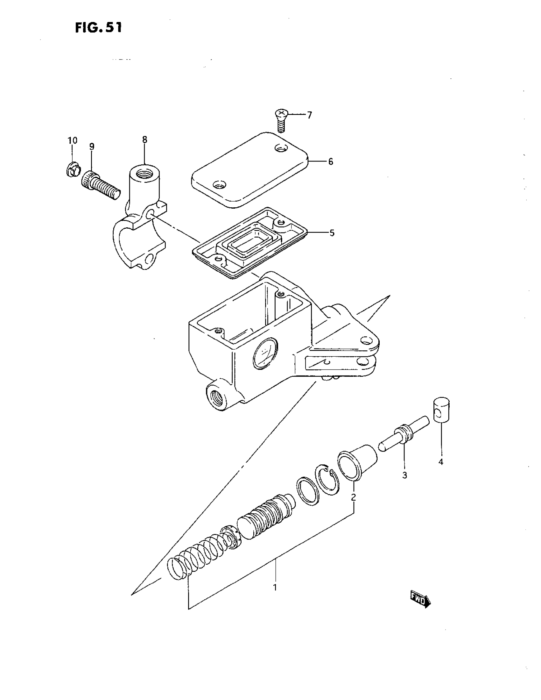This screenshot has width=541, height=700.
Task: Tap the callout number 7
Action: point(309,115)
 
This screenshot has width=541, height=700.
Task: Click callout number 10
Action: point(72,140)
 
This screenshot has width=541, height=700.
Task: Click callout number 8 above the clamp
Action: point(144,140)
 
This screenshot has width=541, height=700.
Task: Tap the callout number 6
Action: point(330,161)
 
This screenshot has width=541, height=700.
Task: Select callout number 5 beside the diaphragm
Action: point(332,233)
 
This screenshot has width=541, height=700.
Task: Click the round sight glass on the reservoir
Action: point(265,354)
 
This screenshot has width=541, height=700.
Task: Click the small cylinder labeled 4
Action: point(442,410)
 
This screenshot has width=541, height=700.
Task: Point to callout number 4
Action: point(441,462)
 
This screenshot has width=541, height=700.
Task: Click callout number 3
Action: point(404,475)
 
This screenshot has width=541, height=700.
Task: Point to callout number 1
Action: point(275,588)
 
